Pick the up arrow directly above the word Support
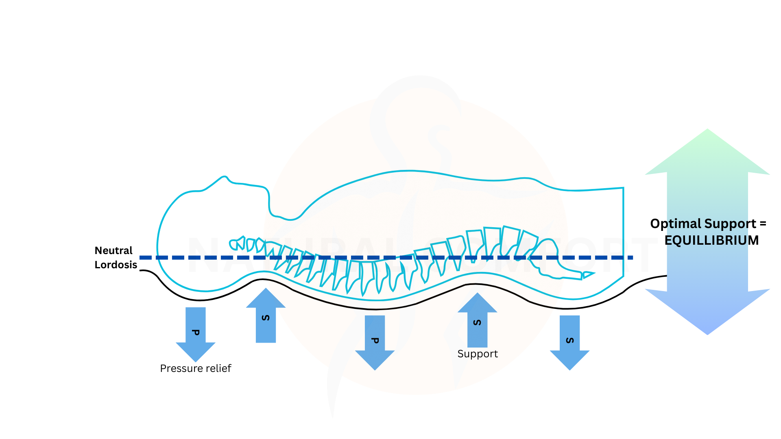pos(477,321)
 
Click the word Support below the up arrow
pos(478,354)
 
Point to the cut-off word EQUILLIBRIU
pos(706,240)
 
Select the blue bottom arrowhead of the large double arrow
pos(707,313)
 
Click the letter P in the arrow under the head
pos(195,333)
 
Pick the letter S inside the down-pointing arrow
pos(569,340)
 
